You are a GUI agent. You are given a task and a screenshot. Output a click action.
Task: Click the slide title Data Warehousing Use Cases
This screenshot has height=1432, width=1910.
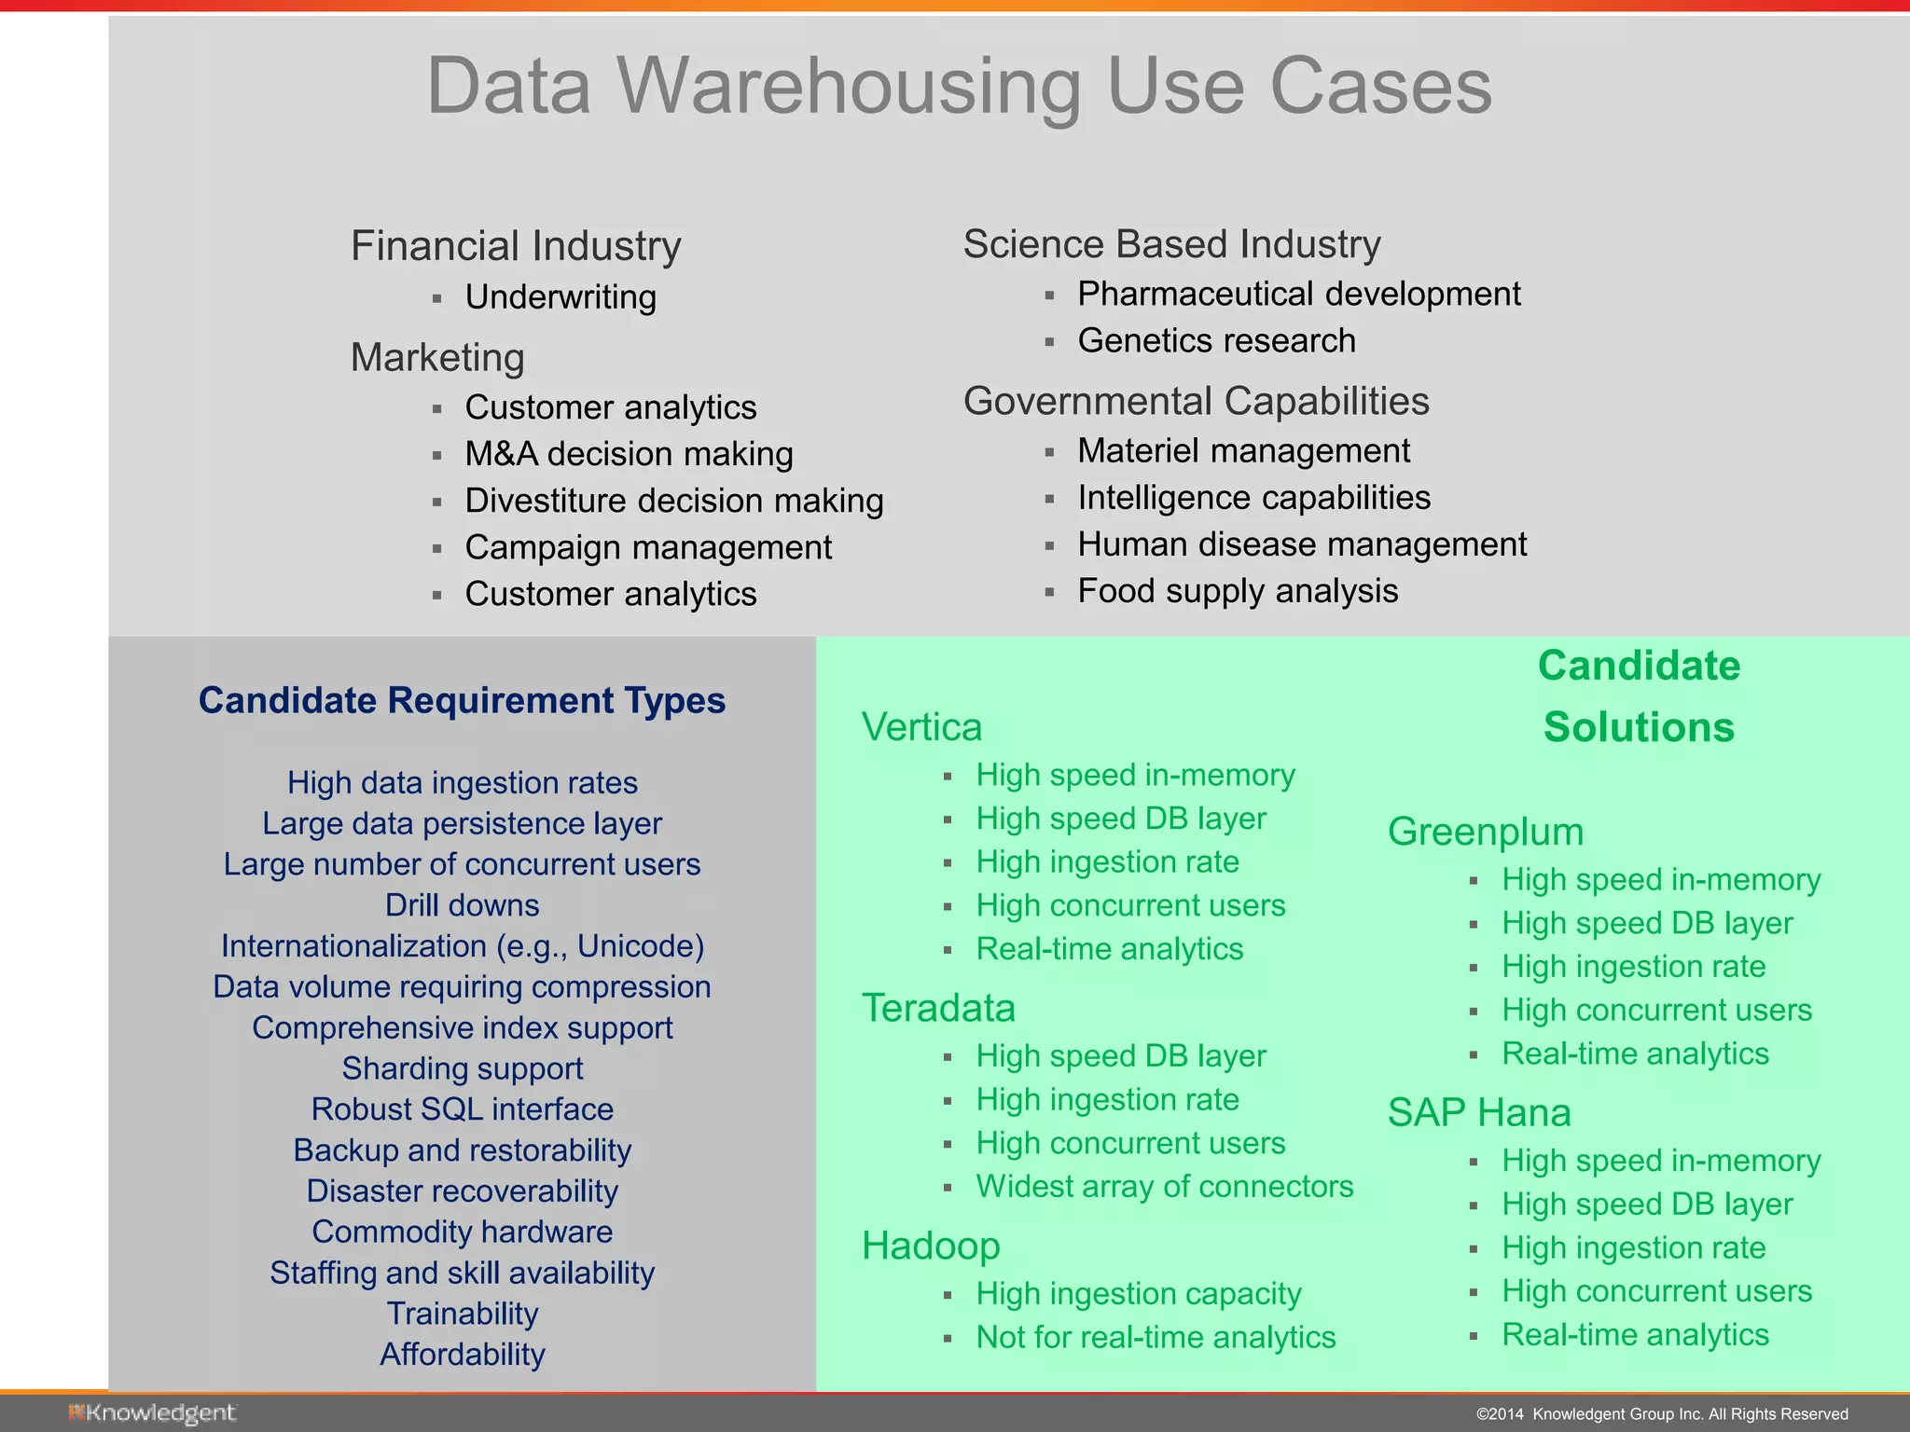click(x=959, y=86)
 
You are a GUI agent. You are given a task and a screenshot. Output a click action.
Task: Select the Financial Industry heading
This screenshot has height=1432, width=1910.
click(x=516, y=246)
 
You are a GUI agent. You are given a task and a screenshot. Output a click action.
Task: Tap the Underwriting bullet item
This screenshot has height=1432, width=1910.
click(x=561, y=297)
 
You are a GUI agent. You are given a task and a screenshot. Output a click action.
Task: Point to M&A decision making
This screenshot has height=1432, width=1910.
click(x=629, y=454)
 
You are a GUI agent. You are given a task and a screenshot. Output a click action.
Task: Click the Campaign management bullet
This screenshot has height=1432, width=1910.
click(x=648, y=547)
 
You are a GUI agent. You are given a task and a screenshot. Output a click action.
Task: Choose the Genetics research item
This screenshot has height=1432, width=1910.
click(x=1216, y=340)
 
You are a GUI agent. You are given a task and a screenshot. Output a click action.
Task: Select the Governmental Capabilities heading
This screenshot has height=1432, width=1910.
click(x=1196, y=401)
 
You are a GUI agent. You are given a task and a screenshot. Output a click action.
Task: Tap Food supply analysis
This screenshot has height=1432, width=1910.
click(x=1238, y=591)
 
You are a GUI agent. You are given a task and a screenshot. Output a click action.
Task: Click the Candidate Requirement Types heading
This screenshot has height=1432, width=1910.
click(x=462, y=700)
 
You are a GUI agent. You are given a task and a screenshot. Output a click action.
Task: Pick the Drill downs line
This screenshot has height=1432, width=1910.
click(x=462, y=905)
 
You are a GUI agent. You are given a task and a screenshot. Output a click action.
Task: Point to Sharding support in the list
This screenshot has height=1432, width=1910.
click(x=462, y=1068)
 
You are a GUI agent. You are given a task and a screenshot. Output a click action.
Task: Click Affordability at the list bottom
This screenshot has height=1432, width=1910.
click(x=462, y=1354)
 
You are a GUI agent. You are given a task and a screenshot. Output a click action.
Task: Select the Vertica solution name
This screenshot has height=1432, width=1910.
click(x=921, y=727)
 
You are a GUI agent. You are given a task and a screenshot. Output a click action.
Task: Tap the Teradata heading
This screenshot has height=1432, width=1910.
click(x=938, y=1008)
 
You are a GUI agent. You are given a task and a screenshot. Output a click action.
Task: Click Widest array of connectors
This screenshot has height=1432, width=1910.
click(x=1164, y=1186)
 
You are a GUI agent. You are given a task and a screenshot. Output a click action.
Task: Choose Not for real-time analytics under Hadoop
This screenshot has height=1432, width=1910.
click(x=1156, y=1337)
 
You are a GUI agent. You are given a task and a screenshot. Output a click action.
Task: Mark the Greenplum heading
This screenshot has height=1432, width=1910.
click(x=1486, y=832)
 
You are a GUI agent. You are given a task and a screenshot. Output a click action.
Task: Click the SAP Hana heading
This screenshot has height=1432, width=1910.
click(x=1479, y=1112)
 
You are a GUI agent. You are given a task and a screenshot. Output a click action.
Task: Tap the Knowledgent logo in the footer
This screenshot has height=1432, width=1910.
click(x=152, y=1413)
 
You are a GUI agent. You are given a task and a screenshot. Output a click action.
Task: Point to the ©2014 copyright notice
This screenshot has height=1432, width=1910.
click(x=1662, y=1414)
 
